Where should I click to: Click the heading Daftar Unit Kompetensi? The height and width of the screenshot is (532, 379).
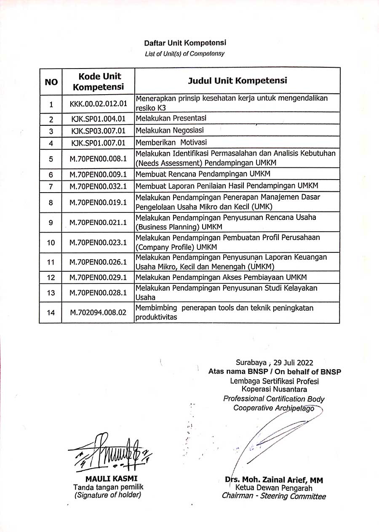click(x=185, y=43)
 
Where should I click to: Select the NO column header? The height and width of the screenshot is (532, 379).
click(x=51, y=82)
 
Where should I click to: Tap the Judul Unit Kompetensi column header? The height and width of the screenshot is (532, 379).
click(x=237, y=81)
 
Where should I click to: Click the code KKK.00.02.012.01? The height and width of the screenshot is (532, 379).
click(x=98, y=103)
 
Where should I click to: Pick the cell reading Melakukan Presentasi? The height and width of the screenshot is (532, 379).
click(x=171, y=118)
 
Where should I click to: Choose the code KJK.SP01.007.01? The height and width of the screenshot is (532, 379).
click(x=98, y=143)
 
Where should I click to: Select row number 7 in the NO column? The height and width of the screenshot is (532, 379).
click(x=51, y=186)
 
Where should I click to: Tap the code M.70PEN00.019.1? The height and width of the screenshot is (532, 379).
click(x=98, y=202)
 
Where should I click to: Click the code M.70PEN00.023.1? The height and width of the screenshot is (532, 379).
click(x=98, y=242)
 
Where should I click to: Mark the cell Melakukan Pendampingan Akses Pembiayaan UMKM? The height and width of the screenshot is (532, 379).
click(x=221, y=277)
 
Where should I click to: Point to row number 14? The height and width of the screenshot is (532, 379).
click(x=51, y=312)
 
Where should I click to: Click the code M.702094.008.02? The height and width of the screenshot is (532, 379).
click(x=98, y=312)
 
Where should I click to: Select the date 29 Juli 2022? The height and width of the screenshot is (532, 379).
click(x=293, y=362)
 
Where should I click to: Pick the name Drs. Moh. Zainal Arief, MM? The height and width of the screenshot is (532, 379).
click(x=274, y=480)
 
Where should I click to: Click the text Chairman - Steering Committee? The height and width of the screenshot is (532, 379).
click(x=274, y=496)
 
